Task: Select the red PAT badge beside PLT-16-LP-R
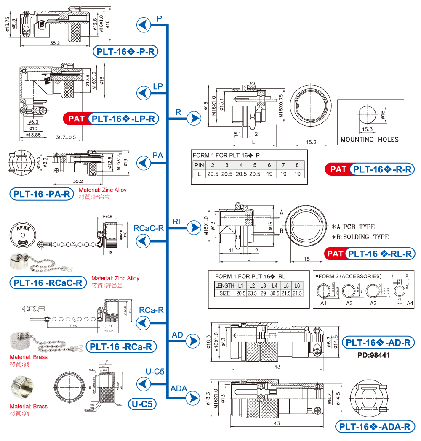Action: [x=76, y=119]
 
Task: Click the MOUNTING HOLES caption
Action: [x=369, y=140]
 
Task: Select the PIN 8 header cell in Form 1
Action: [x=297, y=165]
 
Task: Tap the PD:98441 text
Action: [x=374, y=355]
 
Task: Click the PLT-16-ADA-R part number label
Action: [x=375, y=427]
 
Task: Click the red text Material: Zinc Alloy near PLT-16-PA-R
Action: [x=102, y=190]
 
